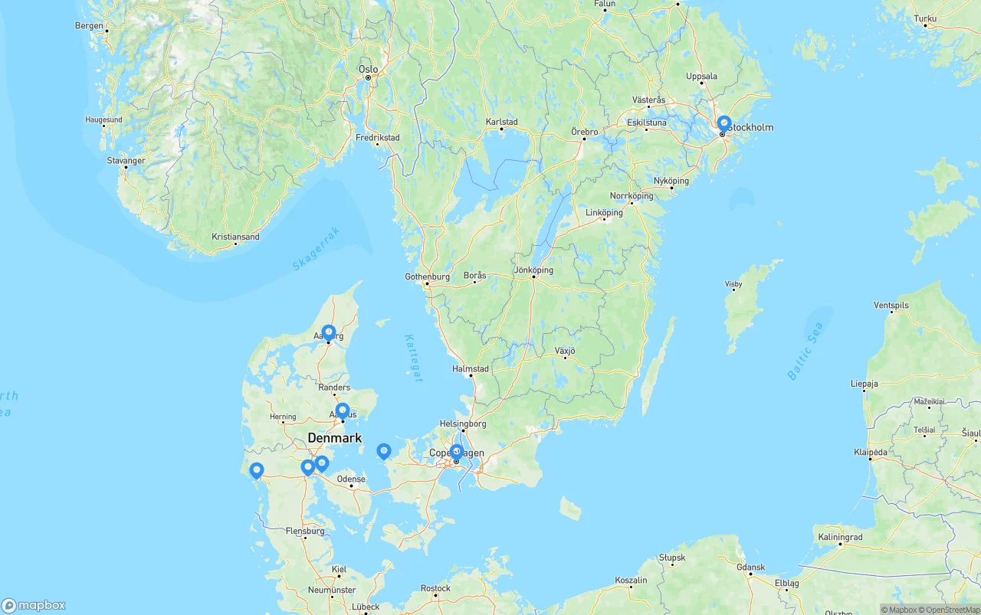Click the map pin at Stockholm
[x=723, y=123]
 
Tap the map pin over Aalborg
[x=329, y=332]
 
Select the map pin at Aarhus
[x=343, y=411]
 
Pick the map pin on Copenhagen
[x=456, y=452]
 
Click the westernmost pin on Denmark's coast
[x=257, y=470]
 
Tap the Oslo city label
[x=369, y=69]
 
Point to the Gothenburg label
[x=428, y=276]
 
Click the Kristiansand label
[x=235, y=237]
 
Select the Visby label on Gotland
[x=733, y=284]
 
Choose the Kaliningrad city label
[x=840, y=537]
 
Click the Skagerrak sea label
[x=315, y=249]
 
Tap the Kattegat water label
[x=413, y=358]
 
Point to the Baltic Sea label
[x=805, y=352]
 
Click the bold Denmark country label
[x=335, y=438]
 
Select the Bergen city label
[x=89, y=25]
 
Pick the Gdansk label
[x=750, y=568]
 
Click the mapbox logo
[x=34, y=605]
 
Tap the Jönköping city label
[x=533, y=270]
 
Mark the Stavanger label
[x=126, y=161]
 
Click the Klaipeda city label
[x=871, y=452]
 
